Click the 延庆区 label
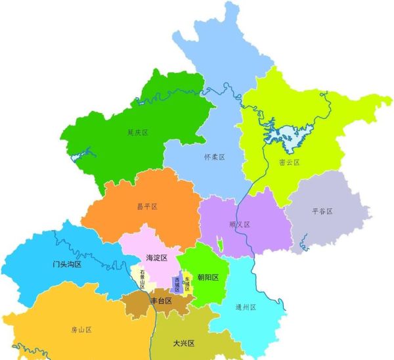pyautogui.click(x=138, y=133)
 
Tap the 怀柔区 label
pyautogui.click(x=215, y=158)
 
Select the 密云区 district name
pyautogui.click(x=289, y=162)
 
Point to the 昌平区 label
pyautogui.click(x=147, y=206)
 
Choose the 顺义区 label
pyautogui.click(x=240, y=225)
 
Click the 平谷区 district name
pyautogui.click(x=322, y=212)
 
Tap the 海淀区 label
pyautogui.click(x=156, y=258)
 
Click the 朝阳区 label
pyautogui.click(x=208, y=277)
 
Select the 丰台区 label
pyautogui.click(x=161, y=301)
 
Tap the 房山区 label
pyautogui.click(x=81, y=330)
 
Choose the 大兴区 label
pyautogui.click(x=183, y=343)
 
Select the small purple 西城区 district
pyautogui.click(x=176, y=284)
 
